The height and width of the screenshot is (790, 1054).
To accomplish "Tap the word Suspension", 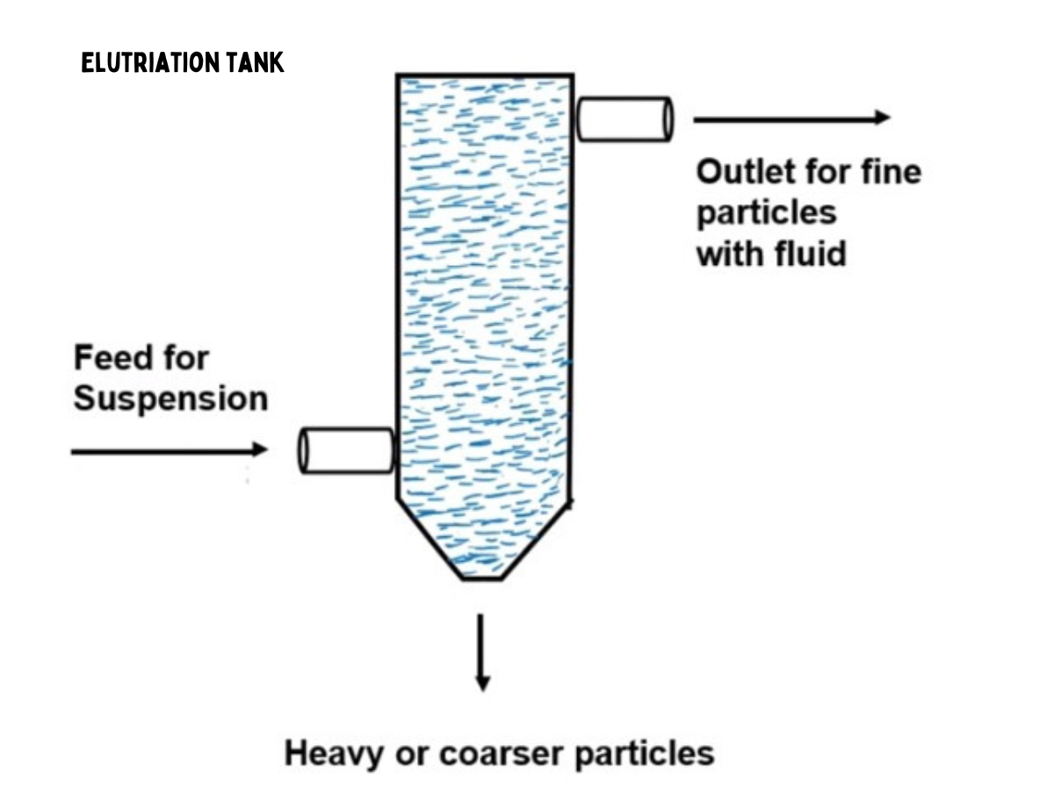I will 170,399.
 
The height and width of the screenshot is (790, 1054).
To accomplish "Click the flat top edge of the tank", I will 485,75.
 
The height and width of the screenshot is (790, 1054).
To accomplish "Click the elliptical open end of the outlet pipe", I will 667,118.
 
